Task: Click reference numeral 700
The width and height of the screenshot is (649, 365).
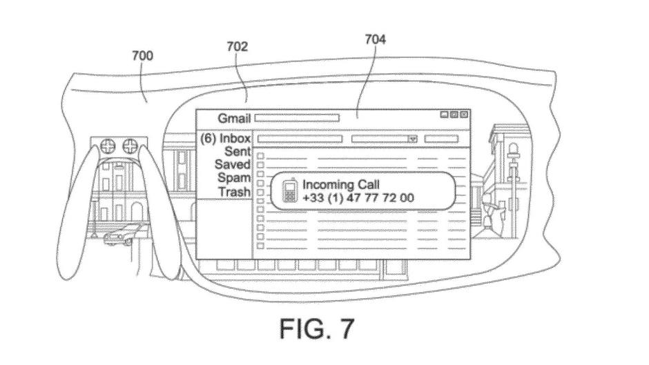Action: (x=142, y=55)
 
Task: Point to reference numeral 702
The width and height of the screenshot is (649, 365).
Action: (x=238, y=46)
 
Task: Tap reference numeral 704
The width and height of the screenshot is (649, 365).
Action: (x=375, y=39)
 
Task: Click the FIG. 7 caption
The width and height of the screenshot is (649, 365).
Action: (x=317, y=328)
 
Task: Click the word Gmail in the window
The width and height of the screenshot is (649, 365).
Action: (x=234, y=119)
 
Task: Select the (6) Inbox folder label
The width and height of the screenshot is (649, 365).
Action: (x=226, y=138)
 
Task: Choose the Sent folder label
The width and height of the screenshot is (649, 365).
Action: (x=238, y=152)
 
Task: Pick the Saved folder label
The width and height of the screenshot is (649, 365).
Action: (x=233, y=164)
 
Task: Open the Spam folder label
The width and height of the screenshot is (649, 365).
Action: (x=234, y=178)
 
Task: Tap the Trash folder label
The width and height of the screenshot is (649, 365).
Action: (x=235, y=192)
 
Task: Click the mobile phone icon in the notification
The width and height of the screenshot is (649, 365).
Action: (x=290, y=190)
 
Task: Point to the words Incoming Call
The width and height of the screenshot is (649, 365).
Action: (x=340, y=184)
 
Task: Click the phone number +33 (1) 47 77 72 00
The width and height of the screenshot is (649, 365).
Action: (x=358, y=198)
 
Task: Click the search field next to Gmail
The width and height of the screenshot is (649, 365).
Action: (x=297, y=119)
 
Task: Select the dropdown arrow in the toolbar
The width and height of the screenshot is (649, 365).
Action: (x=412, y=139)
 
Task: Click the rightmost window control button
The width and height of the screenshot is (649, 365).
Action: (x=464, y=115)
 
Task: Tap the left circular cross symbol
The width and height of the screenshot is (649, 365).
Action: (x=108, y=146)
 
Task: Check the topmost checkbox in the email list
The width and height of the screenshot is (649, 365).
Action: (x=260, y=156)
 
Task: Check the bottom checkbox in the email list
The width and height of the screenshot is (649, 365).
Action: (x=260, y=246)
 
